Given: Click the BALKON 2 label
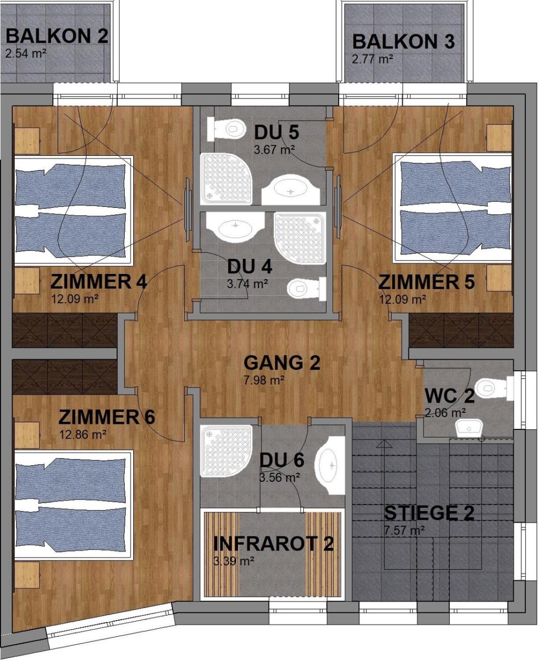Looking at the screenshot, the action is [57, 36].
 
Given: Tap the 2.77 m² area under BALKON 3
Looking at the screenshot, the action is [372, 59].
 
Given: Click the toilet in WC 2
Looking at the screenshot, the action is [494, 388].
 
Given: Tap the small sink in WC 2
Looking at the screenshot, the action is [469, 428].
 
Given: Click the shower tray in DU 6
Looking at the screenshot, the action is [226, 451].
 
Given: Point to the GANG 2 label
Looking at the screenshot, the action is [282, 363].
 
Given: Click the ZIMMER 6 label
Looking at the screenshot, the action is [107, 417].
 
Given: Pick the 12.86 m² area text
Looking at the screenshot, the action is [83, 434].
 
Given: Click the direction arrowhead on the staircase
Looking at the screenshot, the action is [384, 444].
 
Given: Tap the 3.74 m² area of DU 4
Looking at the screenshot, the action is [248, 284].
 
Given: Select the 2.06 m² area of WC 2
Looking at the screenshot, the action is [445, 413].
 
